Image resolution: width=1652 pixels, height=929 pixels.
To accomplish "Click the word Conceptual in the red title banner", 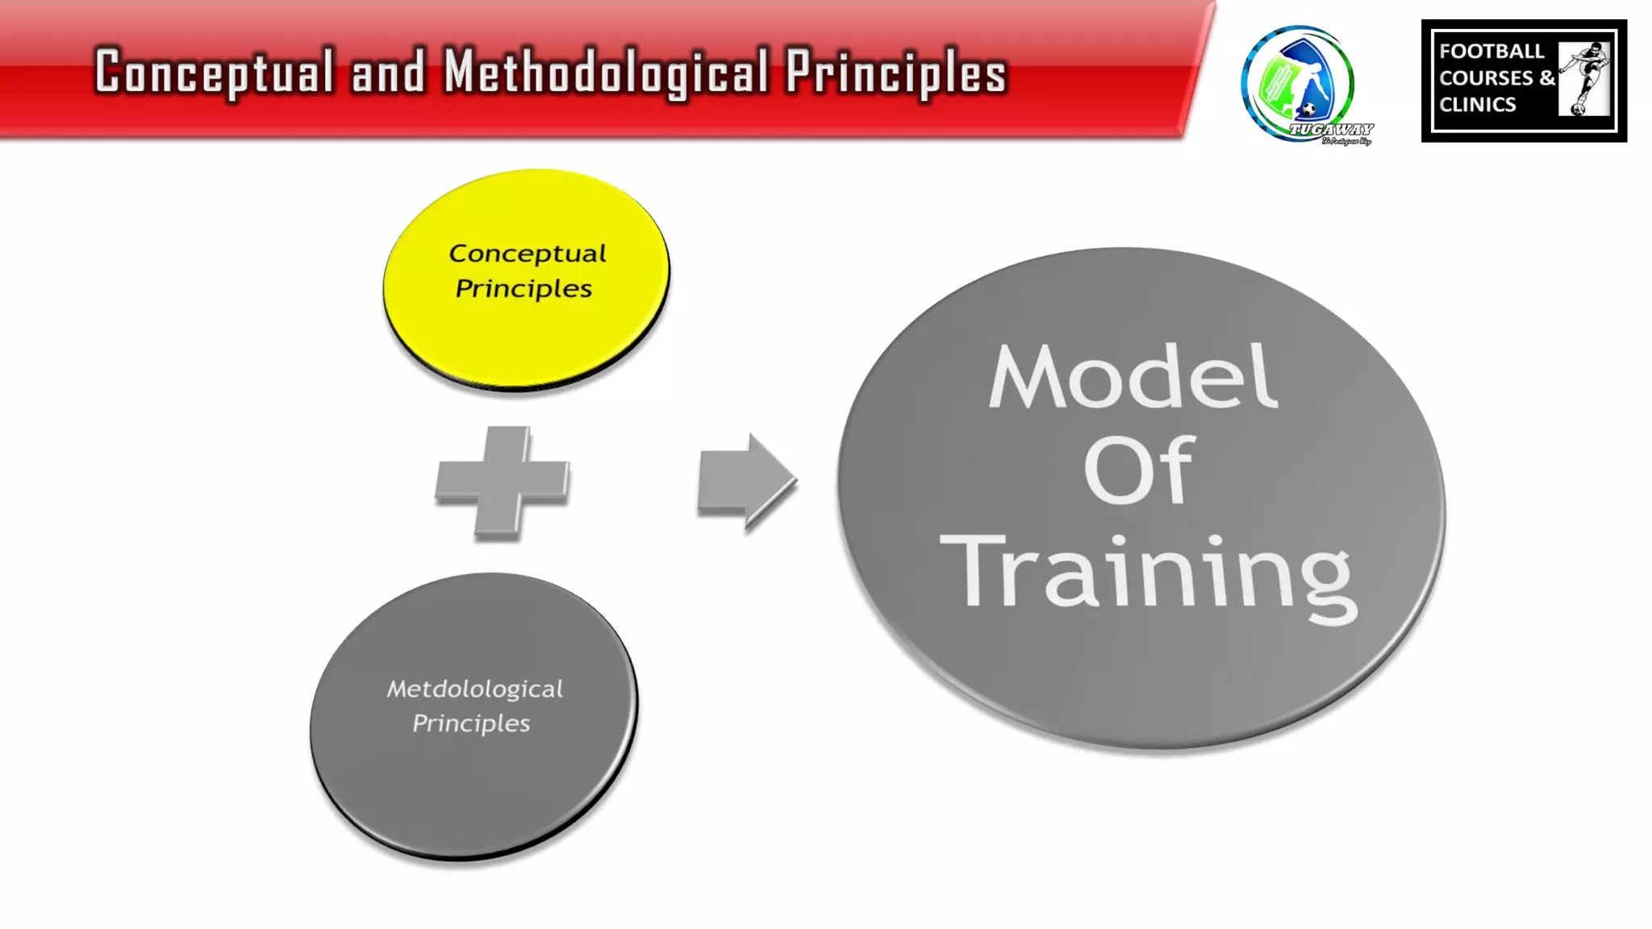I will pyautogui.click(x=215, y=73).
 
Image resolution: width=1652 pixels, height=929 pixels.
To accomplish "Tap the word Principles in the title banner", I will pyautogui.click(x=896, y=73).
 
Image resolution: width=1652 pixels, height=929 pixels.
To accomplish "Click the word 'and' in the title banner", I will pyautogui.click(x=388, y=73).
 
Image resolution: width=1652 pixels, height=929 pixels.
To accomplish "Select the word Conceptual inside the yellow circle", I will pyautogui.click(x=528, y=253).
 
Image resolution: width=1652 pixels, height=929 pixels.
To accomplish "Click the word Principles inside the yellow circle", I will pyautogui.click(x=524, y=289).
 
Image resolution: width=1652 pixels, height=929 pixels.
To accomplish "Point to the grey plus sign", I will pyautogui.click(x=502, y=482).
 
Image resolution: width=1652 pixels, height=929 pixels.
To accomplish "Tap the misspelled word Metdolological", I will pyautogui.click(x=474, y=689).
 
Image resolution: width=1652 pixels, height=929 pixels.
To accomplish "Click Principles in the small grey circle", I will pyautogui.click(x=471, y=723).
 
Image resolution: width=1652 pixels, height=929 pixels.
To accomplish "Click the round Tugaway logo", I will pyautogui.click(x=1297, y=84).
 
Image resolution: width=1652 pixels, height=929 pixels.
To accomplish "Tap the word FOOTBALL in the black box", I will pyautogui.click(x=1491, y=52).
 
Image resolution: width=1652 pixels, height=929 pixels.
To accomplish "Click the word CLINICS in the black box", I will pyautogui.click(x=1477, y=105).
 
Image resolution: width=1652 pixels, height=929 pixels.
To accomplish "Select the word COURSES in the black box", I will pyautogui.click(x=1486, y=78).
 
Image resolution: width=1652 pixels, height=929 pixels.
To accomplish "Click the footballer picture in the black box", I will pyautogui.click(x=1584, y=79).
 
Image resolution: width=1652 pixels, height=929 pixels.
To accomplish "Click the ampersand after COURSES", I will pyautogui.click(x=1546, y=78).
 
